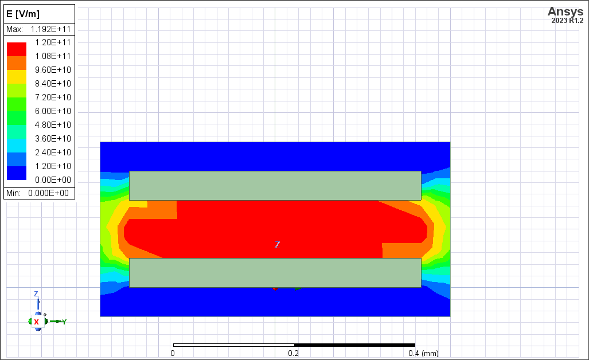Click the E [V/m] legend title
[23, 14]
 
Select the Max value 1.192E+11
[50, 29]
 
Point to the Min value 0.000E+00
[48, 193]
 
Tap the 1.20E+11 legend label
[53, 42]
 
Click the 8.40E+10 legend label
[53, 84]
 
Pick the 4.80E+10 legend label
[53, 125]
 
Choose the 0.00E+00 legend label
[53, 180]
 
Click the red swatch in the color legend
[17, 49]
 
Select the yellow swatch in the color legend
[17, 77]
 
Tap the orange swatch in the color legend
[17, 63]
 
